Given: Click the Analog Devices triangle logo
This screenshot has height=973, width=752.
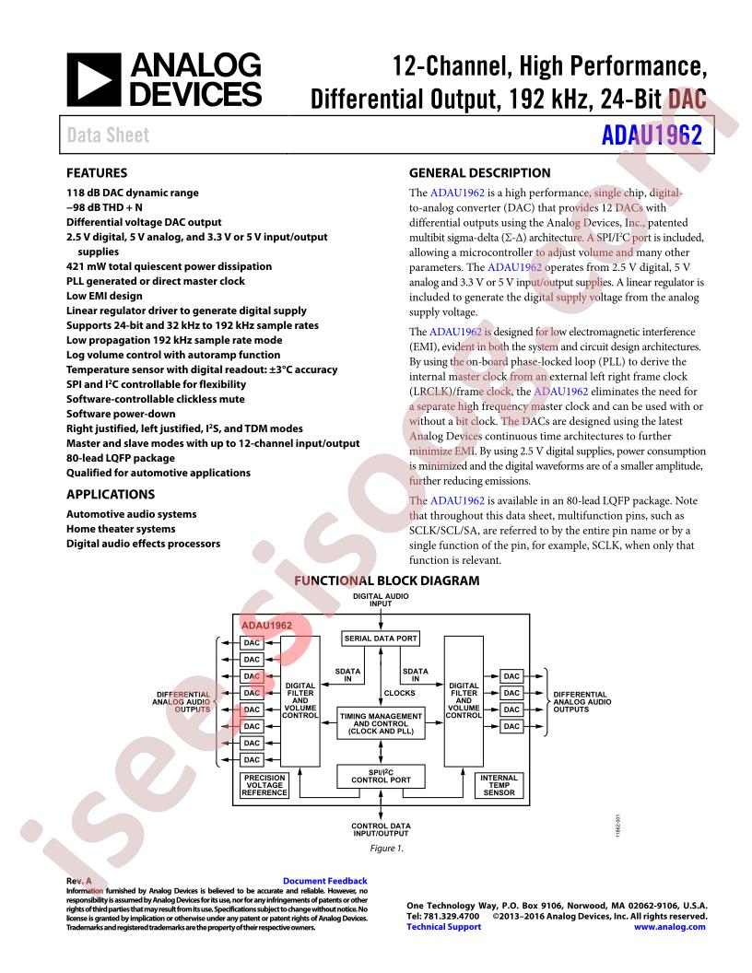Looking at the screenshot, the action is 94,79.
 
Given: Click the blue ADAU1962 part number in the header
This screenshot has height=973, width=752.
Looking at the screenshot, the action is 652,135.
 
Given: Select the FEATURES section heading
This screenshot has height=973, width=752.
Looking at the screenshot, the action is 97,173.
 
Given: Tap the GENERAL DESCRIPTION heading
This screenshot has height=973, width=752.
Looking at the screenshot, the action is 479,173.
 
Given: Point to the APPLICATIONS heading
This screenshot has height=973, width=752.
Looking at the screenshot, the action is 111,495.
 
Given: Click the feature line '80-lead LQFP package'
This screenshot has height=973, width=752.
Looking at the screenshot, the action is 121,458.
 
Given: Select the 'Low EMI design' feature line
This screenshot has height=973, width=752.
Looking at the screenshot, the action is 104,296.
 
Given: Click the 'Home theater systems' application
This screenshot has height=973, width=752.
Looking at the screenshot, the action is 121,529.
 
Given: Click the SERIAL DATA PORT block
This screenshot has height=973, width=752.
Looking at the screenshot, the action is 381,639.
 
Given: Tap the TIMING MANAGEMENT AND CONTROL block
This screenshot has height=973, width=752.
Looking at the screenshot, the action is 381,723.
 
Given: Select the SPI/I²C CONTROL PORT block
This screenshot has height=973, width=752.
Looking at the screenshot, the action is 381,777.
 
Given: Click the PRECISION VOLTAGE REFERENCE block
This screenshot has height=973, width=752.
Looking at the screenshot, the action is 264,786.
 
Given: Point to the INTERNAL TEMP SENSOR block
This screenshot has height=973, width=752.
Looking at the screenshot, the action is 499,786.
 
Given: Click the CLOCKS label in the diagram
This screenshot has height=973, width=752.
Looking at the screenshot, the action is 400,693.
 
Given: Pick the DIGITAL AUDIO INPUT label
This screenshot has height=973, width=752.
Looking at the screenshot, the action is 381,600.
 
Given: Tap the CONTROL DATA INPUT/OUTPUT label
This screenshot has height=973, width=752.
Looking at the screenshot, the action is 381,829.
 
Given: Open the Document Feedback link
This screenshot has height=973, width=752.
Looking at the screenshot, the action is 325,881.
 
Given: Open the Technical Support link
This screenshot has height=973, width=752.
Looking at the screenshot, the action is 443,927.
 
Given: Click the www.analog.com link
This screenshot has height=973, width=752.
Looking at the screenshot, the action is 669,927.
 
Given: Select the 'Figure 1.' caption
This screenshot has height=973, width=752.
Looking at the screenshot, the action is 386,849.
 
